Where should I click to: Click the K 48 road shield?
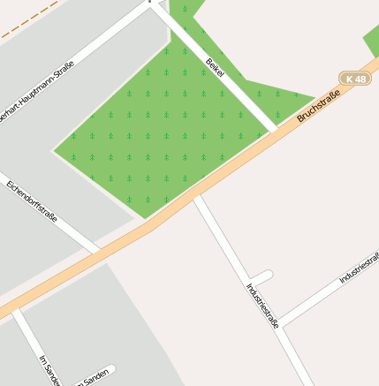pyautogui.click(x=356, y=79)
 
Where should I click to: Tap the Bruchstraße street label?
pyautogui.click(x=319, y=104)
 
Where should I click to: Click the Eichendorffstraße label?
pyautogui.click(x=31, y=201)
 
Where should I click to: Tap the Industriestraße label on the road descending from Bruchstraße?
pyautogui.click(x=262, y=304)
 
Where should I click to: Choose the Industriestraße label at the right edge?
pyautogui.click(x=359, y=268)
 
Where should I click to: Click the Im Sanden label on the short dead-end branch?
pyautogui.click(x=95, y=378)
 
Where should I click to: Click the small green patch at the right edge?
pyautogui.click(x=372, y=41)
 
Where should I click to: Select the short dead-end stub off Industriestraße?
pyautogui.click(x=262, y=276)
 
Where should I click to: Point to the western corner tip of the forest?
pyautogui.click(x=55, y=150)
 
